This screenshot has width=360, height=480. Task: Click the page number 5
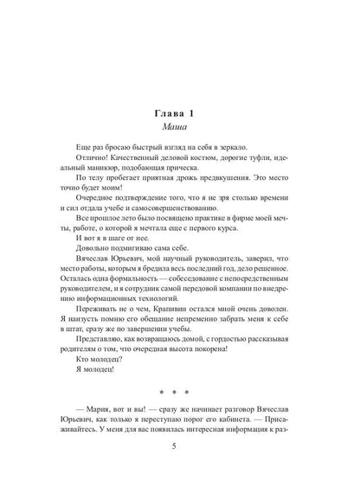click(179, 469)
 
